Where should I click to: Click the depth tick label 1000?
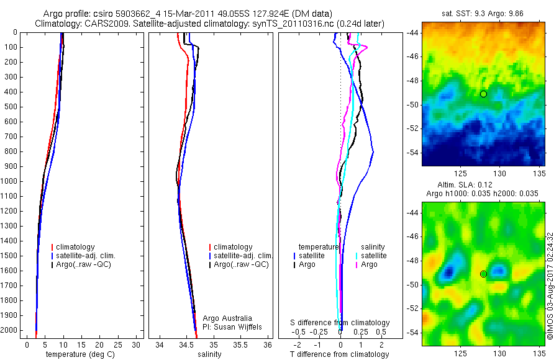point(9,181)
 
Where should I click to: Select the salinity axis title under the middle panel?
point(209,354)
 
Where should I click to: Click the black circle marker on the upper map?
point(483,94)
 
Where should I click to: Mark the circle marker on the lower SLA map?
point(483,274)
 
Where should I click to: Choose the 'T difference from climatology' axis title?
point(340,354)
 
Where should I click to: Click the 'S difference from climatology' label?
point(340,323)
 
